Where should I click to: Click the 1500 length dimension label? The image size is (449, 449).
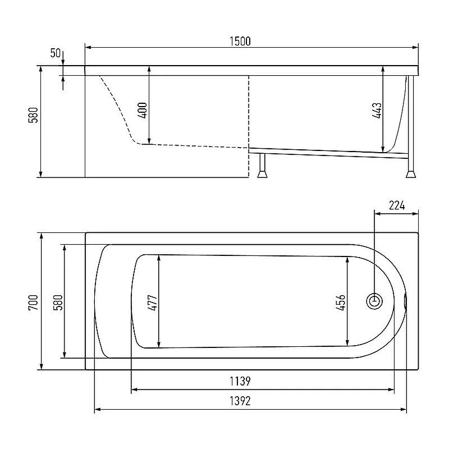click(240, 41)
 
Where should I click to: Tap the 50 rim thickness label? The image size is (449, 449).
click(56, 53)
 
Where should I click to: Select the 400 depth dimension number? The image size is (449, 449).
click(143, 110)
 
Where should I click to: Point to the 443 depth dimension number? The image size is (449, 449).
click(377, 110)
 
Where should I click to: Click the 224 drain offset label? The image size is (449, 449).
click(397, 205)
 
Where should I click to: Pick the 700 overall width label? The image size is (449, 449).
click(33, 303)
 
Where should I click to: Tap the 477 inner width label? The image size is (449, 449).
click(153, 303)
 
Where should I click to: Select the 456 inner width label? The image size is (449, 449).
click(341, 303)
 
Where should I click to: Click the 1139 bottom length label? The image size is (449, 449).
click(240, 381)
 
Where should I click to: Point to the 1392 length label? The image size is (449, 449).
click(240, 401)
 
